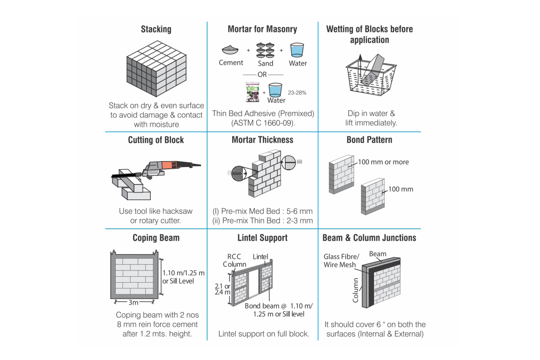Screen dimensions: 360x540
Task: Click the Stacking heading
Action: coord(156,29)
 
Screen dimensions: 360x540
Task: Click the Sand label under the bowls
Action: coord(265,63)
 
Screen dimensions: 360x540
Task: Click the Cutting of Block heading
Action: coord(156,140)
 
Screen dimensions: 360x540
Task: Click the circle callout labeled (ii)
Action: coord(289,162)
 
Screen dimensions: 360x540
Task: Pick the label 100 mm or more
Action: coord(383,162)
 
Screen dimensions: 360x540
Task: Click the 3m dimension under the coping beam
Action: coord(134,302)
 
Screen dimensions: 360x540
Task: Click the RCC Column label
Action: coord(234,260)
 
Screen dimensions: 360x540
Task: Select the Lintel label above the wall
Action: coord(260,256)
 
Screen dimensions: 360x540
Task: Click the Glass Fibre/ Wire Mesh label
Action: coord(340,261)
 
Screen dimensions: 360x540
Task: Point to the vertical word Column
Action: coord(355,290)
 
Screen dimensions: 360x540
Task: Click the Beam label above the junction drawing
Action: coord(378,254)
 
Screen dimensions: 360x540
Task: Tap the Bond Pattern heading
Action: coord(369,140)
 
